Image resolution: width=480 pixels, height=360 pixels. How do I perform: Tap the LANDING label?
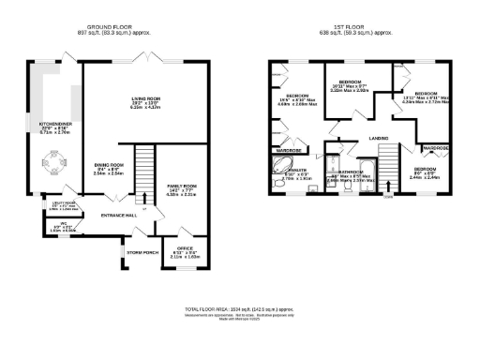(x=379, y=139)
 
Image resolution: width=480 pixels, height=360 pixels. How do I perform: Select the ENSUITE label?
(x=295, y=172)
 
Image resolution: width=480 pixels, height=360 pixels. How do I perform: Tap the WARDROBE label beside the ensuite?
(x=288, y=150)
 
